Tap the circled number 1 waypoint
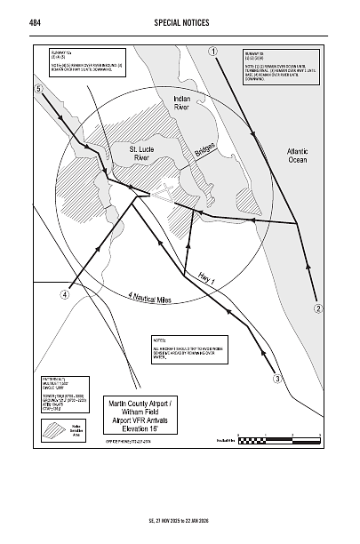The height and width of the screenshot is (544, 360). pyautogui.click(x=214, y=51)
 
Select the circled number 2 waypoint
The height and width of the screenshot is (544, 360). pyautogui.click(x=317, y=308)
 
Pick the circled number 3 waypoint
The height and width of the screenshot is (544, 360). pyautogui.click(x=276, y=380)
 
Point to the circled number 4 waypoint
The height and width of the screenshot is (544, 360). pyautogui.click(x=65, y=295)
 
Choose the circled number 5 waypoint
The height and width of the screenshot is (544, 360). pyautogui.click(x=38, y=90)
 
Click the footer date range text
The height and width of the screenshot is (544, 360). pyautogui.click(x=180, y=520)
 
